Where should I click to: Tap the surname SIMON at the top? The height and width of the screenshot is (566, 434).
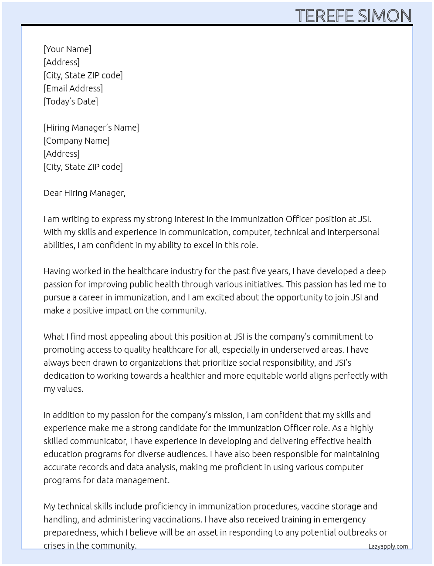(385, 16)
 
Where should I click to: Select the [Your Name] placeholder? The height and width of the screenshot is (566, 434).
(68, 49)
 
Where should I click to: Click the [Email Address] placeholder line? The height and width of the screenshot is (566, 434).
(73, 88)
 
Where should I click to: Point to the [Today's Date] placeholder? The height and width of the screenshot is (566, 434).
(71, 101)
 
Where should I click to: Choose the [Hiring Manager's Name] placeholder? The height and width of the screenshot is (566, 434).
(91, 128)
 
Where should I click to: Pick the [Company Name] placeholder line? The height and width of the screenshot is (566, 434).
(77, 141)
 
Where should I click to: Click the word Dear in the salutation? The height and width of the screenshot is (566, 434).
(52, 193)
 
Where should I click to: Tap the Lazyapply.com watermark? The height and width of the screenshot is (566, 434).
(388, 546)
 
